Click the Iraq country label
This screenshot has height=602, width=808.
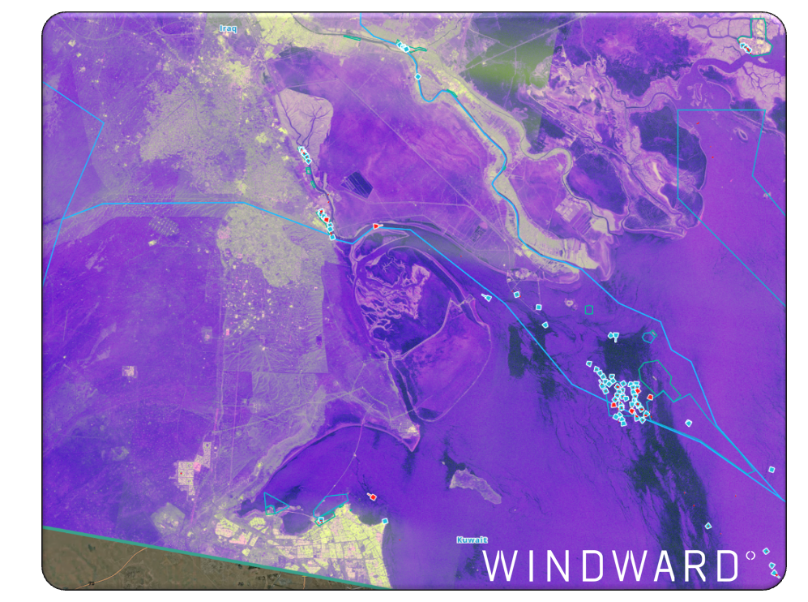pos(228,28)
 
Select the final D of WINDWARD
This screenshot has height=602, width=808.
pos(724,566)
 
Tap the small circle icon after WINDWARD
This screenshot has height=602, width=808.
pos(750,556)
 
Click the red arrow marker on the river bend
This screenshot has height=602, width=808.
pos(376,226)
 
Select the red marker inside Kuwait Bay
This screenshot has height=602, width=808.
pos(373,496)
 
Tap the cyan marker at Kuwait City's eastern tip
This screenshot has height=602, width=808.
pos(385,521)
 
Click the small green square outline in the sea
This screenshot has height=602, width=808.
pos(589,309)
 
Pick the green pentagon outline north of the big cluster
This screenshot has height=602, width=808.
pos(648,336)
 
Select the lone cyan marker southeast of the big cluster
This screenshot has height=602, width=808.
pos(688,423)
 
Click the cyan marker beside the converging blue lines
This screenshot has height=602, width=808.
pos(772,468)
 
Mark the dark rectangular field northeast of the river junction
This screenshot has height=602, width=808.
pos(357,184)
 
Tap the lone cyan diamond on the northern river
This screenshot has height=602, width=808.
pos(418,77)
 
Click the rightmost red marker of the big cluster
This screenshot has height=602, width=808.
pos(650,397)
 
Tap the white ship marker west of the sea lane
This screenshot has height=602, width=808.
pos(486,298)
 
